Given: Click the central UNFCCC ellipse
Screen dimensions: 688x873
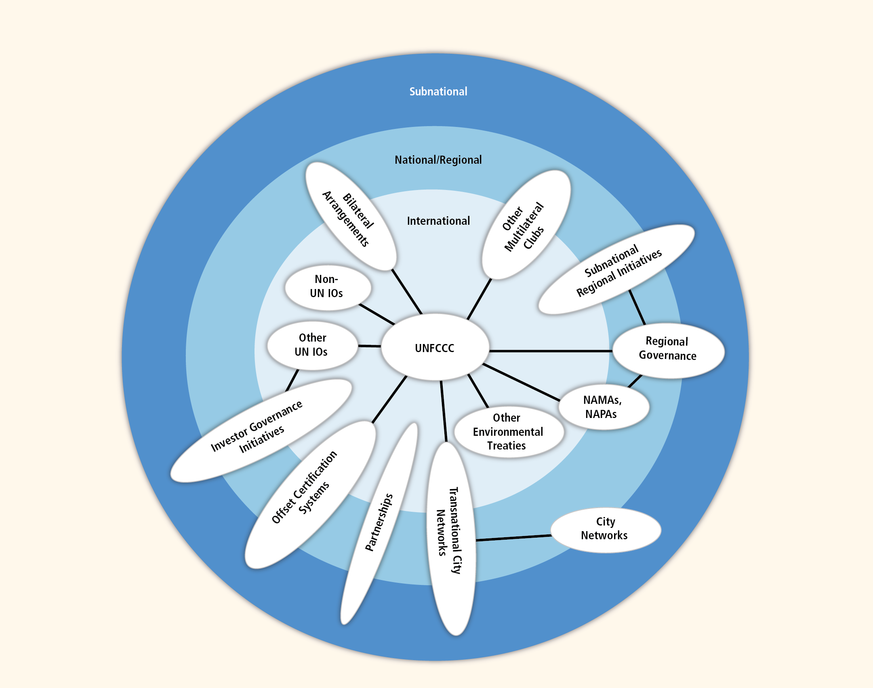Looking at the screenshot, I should [435, 348].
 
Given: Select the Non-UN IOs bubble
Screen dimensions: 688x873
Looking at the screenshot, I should [328, 287].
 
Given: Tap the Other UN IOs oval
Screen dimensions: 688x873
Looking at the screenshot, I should [312, 346].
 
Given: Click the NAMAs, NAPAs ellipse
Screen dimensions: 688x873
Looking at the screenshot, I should [604, 407].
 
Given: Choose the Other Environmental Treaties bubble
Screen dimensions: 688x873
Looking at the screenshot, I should [508, 432].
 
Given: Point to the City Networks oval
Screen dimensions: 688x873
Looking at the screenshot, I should [605, 530].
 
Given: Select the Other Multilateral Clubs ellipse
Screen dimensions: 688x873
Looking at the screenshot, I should [526, 225].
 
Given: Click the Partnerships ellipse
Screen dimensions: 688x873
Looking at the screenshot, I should [379, 523].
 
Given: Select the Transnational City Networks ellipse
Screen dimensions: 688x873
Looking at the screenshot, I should [450, 538].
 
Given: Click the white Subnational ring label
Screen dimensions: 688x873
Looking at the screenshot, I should [438, 92].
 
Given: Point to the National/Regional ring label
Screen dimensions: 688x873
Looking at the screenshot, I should [438, 160].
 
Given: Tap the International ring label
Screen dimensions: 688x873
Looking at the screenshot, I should [438, 221].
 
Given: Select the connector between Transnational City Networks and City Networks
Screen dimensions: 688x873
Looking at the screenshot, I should [513, 538].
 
